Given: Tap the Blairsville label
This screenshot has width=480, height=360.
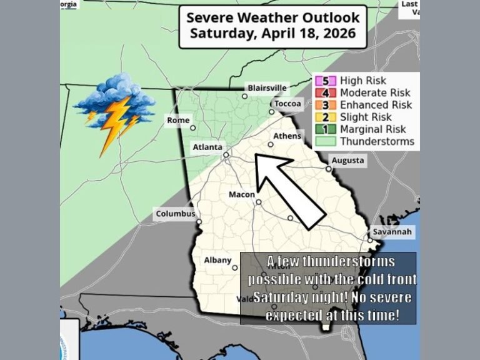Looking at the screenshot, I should [x=267, y=88].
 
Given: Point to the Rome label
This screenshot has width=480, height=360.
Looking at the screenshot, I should [x=177, y=120].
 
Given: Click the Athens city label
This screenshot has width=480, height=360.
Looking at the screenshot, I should [x=287, y=136].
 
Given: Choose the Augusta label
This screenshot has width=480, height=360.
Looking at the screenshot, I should [x=347, y=161].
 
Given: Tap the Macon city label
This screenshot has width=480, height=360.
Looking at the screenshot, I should [x=241, y=194].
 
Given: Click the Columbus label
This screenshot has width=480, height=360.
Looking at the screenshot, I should [x=176, y=214].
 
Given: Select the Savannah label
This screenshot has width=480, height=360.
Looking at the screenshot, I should [x=393, y=232].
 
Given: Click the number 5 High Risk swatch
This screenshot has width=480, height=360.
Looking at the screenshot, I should [x=329, y=81].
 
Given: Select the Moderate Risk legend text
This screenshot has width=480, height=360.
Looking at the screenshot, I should [x=374, y=92].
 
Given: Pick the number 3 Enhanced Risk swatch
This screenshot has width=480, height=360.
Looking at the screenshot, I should [x=329, y=105].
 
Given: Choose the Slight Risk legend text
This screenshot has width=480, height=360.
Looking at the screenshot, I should [x=366, y=117].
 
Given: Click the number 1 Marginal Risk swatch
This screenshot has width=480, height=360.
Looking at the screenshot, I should [x=329, y=129].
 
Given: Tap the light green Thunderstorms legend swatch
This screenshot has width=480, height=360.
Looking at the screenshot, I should [x=329, y=141].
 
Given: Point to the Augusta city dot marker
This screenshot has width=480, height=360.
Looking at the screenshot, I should [x=329, y=169].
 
